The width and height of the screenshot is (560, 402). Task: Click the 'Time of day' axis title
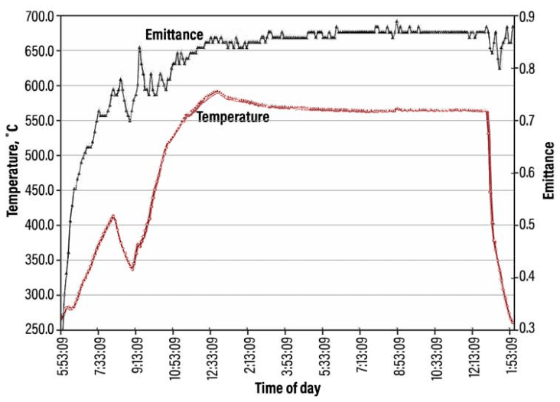pos(288,388)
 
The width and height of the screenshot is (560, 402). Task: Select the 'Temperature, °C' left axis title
pos(12,173)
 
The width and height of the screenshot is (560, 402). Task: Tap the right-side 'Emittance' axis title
pos(549,173)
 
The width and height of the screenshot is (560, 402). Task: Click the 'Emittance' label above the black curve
pos(174,34)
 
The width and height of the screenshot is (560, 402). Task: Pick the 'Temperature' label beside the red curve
pos(233,118)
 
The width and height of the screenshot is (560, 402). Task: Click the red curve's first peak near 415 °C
pos(113,216)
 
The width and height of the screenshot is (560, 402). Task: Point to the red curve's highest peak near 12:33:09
pos(217,91)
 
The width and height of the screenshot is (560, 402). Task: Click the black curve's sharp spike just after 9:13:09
pos(140,47)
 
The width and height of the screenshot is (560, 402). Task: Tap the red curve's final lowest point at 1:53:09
pos(513,325)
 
